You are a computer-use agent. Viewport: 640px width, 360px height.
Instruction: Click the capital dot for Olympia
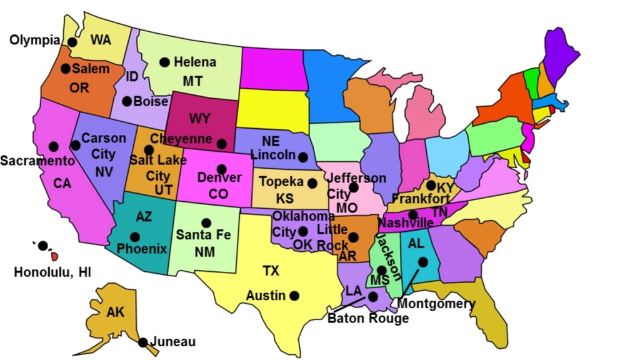pos(72,42)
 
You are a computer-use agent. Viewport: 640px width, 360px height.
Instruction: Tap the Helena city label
pos(194,62)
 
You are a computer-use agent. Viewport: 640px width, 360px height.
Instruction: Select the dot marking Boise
pos(127,101)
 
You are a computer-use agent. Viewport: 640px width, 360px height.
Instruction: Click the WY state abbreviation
pos(199,119)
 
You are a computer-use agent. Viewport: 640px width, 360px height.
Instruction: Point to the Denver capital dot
pos(221,169)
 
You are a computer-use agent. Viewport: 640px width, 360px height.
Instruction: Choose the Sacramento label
pos(37,161)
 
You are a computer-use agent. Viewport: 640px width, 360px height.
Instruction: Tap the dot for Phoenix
pos(135,237)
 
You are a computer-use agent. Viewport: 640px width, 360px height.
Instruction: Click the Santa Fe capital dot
pos(206,222)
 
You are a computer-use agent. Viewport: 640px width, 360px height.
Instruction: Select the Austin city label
pos(266,295)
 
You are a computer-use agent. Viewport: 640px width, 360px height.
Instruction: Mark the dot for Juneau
pos(143,342)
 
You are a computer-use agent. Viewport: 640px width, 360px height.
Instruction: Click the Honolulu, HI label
pos(52,272)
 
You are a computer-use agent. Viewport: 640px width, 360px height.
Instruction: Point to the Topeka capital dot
pos(312,183)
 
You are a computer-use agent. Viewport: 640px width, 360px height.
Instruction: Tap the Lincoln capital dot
pos(302,156)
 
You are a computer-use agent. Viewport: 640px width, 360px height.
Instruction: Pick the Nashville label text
pos(406,223)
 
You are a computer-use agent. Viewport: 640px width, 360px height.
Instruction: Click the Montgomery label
pos(436,304)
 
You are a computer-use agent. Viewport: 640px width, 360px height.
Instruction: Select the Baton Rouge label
pos(368,318)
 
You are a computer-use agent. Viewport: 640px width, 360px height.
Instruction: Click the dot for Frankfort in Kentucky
pos(431,185)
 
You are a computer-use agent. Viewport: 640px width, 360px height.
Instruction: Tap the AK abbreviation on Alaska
pos(116,312)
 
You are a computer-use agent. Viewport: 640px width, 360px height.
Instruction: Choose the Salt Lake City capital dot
pos(149,150)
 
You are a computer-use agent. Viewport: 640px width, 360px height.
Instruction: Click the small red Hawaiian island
pos(54,256)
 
